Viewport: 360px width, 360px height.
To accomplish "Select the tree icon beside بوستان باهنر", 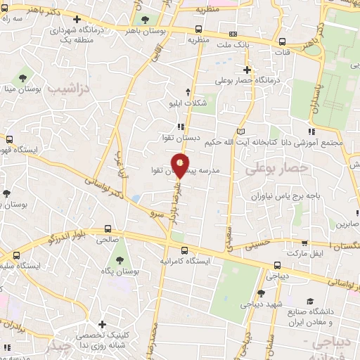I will click(x=146, y=20).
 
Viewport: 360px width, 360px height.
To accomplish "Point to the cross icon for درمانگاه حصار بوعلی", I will click(x=247, y=70).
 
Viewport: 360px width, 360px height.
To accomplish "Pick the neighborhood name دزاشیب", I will click(x=67, y=90).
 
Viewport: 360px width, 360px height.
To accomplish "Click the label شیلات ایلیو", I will click(x=188, y=103).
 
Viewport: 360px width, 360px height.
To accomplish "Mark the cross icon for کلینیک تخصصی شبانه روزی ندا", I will click(x=103, y=326).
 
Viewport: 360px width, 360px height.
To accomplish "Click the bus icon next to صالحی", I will click(x=107, y=228).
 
